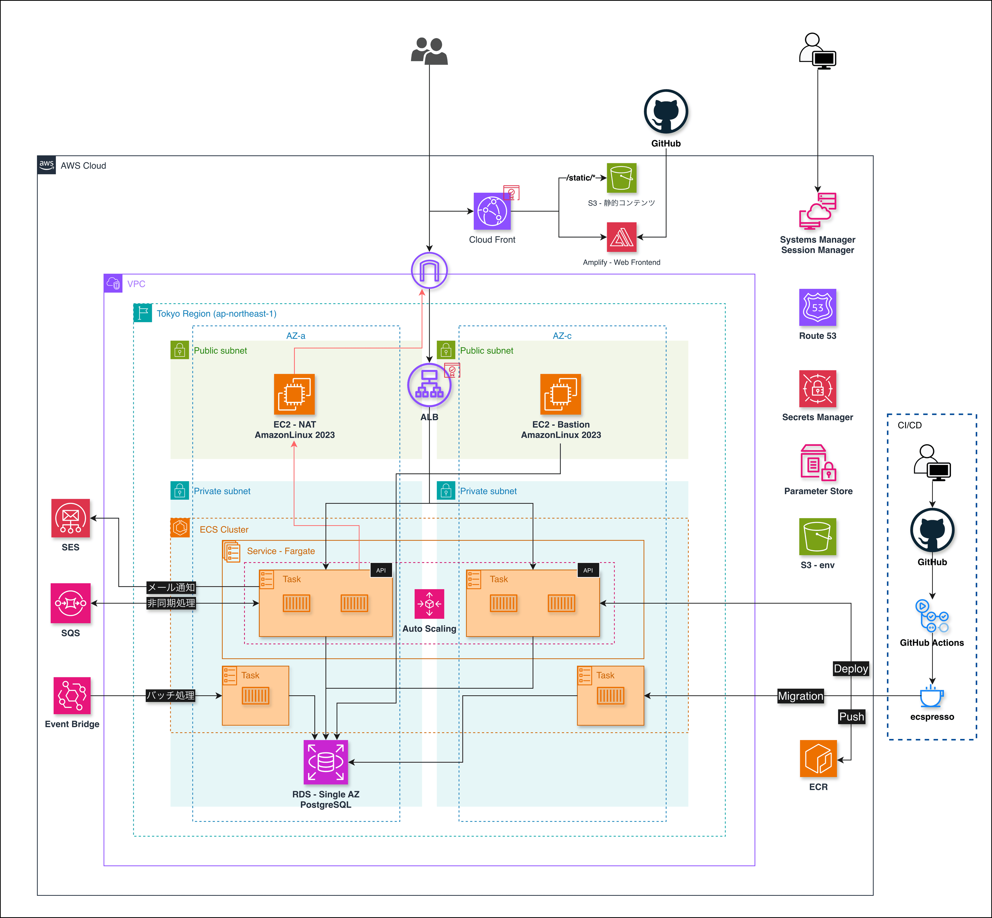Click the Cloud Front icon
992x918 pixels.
click(x=492, y=211)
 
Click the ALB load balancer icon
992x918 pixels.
click(x=429, y=385)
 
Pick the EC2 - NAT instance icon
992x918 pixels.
click(x=294, y=394)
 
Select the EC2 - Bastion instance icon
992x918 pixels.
click(x=560, y=394)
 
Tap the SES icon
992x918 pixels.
click(x=71, y=518)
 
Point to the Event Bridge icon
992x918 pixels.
click(x=72, y=695)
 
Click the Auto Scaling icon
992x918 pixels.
click(x=429, y=604)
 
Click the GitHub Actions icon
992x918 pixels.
click(x=931, y=616)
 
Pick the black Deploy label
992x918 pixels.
click(x=850, y=669)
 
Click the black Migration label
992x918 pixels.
click(x=800, y=696)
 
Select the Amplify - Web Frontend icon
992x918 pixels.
click(x=622, y=237)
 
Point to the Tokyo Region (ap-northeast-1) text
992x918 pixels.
click(x=216, y=314)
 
